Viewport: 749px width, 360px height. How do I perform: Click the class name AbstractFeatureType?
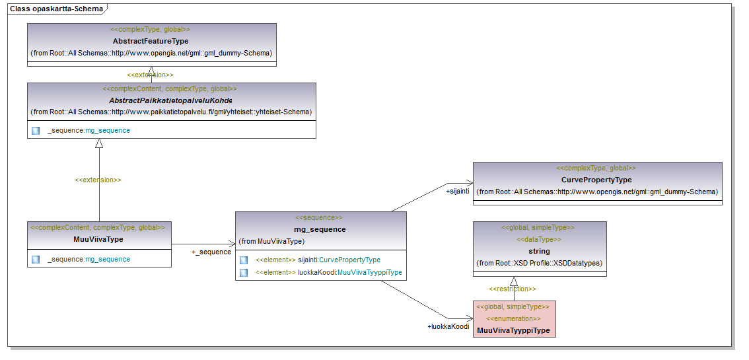pos(151,41)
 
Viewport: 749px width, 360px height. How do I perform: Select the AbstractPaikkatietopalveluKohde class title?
pos(170,100)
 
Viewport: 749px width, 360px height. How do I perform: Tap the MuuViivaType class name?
pos(98,239)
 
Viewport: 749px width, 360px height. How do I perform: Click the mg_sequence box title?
pos(320,229)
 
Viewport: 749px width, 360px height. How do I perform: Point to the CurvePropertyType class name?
pos(596,180)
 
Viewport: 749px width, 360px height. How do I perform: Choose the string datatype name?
pos(539,251)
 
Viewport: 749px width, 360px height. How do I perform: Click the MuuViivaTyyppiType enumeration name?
pos(513,330)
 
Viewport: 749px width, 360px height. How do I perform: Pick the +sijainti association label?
pos(457,192)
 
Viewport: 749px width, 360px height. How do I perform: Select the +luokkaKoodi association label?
pos(448,326)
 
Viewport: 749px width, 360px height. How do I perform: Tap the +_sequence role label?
pos(211,252)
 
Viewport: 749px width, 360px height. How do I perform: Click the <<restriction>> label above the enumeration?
pos(512,289)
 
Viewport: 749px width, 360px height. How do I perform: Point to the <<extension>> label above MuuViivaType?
pos(98,180)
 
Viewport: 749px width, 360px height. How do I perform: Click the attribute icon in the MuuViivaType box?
pos(36,260)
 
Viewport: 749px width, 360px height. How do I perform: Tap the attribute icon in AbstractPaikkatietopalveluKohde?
pos(36,131)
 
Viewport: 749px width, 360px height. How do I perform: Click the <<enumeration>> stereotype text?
pos(513,318)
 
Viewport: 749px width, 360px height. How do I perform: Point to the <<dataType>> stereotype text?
pos(538,239)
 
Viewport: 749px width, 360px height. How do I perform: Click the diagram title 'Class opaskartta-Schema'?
pos(56,9)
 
